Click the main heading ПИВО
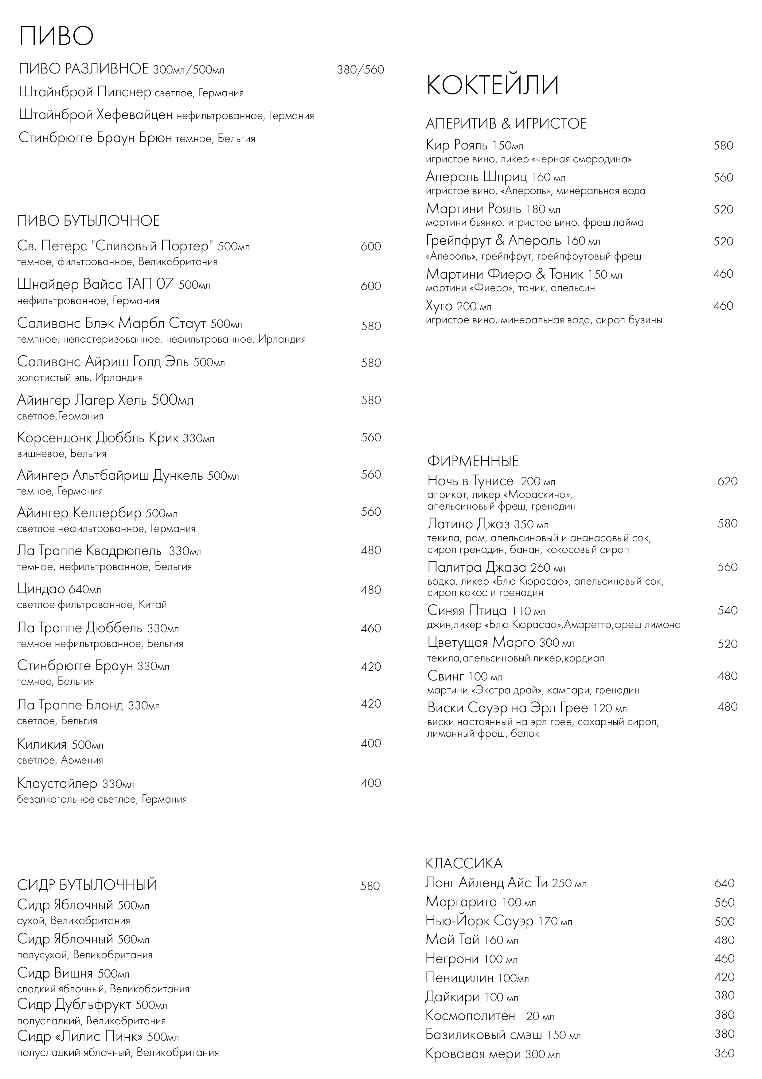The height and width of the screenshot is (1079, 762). (56, 36)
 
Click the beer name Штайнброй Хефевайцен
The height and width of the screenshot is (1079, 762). (96, 115)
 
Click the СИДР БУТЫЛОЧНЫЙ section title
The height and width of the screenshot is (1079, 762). (87, 885)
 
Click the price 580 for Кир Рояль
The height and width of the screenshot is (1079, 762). (723, 146)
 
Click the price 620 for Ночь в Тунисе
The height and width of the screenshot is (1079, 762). (727, 481)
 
